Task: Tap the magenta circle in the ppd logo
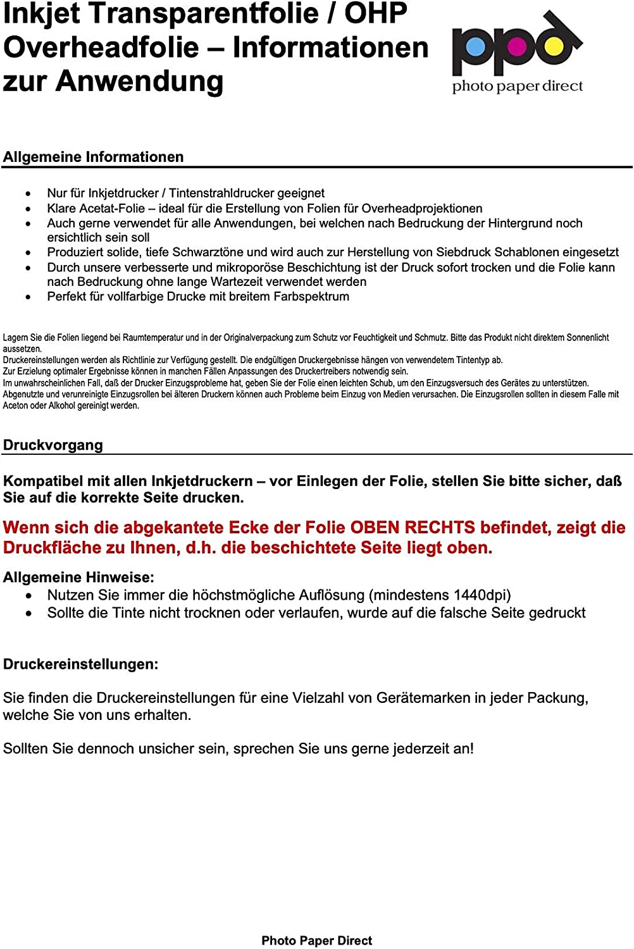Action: [x=517, y=46]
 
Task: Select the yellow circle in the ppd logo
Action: [x=554, y=46]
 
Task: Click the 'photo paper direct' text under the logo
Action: [x=517, y=86]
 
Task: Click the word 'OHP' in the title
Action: [x=375, y=14]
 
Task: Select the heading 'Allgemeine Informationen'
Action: [x=93, y=157]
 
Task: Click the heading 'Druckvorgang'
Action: [x=53, y=445]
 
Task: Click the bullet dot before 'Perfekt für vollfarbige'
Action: [x=28, y=297]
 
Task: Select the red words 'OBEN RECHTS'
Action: [x=413, y=528]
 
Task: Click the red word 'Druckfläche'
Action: [x=54, y=548]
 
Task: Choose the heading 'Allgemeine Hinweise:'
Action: [x=78, y=577]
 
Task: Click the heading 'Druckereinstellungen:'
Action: [x=80, y=664]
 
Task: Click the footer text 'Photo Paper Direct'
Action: [x=316, y=941]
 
